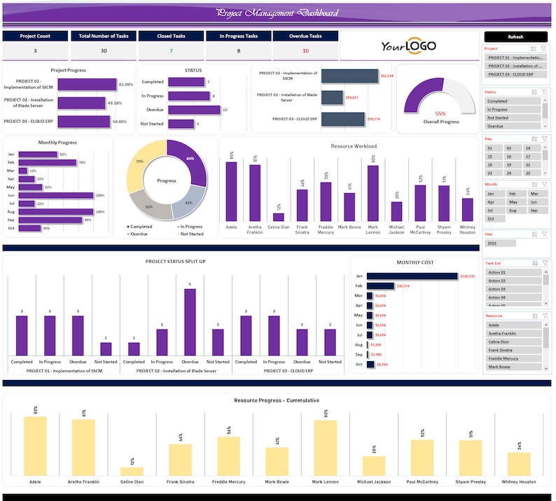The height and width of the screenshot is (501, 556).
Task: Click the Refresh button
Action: pyautogui.click(x=515, y=36)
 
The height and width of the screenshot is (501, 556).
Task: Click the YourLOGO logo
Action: pyautogui.click(x=408, y=46)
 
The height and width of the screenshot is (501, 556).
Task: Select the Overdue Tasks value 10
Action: pyautogui.click(x=305, y=51)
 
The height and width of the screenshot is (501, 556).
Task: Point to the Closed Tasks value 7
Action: pyautogui.click(x=170, y=51)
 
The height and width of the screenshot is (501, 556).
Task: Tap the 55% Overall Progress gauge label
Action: pyautogui.click(x=440, y=113)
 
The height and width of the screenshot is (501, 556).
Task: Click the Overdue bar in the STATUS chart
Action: pyautogui.click(x=194, y=110)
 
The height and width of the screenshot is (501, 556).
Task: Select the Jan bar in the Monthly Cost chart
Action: pyautogui.click(x=412, y=276)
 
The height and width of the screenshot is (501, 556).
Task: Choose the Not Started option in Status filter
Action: pyautogui.click(x=513, y=118)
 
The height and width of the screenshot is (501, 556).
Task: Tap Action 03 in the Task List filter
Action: pyautogui.click(x=513, y=288)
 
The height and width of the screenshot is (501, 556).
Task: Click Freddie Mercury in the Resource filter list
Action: pyautogui.click(x=513, y=358)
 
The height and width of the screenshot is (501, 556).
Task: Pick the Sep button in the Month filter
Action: pyautogui.click(x=534, y=210)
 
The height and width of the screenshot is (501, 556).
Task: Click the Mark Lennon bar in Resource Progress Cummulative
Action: pyautogui.click(x=325, y=448)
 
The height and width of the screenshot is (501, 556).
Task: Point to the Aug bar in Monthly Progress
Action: pyautogui.click(x=56, y=211)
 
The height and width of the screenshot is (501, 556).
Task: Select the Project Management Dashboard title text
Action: pyautogui.click(x=277, y=13)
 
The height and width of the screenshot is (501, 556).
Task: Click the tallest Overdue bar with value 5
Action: pyautogui.click(x=190, y=322)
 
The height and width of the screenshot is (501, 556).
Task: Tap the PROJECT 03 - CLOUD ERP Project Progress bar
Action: pyautogui.click(x=84, y=122)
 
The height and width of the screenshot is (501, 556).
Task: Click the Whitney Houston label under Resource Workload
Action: pyautogui.click(x=467, y=230)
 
